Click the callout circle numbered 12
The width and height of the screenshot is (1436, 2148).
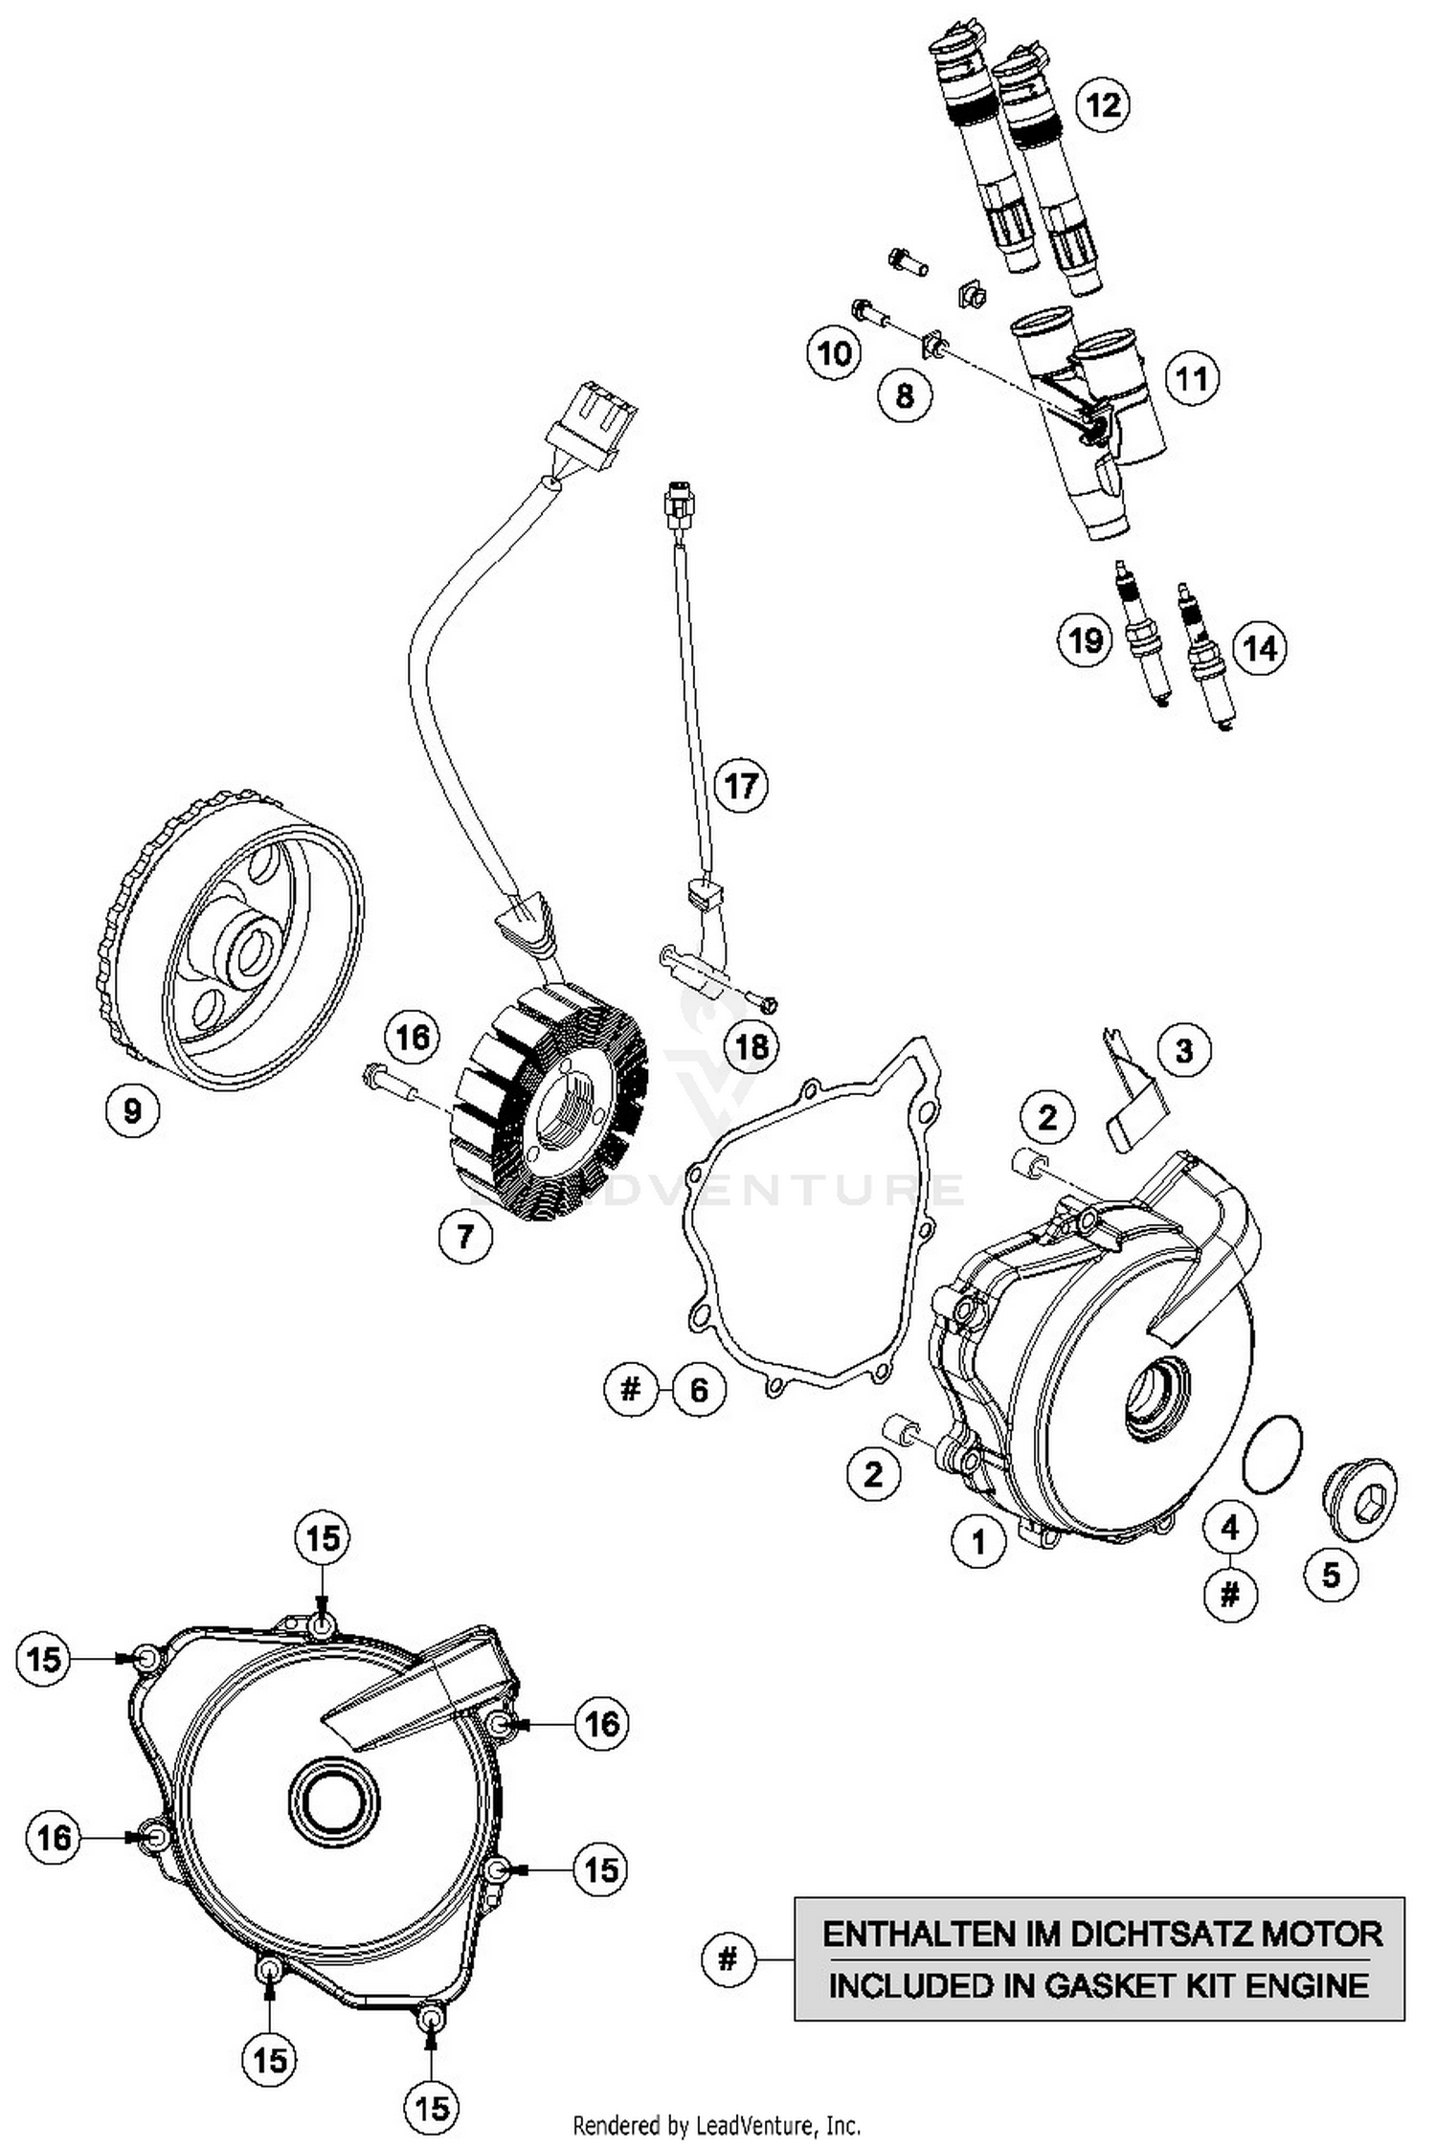coord(1103,103)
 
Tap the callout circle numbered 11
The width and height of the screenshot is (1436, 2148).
coord(1191,379)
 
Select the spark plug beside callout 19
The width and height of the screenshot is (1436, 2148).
coord(1142,638)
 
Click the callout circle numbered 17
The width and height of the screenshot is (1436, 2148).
coord(741,786)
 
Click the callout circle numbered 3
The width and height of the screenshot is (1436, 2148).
coord(1183,1050)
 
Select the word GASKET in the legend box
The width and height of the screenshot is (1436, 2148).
coord(1111,1985)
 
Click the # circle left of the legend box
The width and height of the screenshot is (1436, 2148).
coord(728,1959)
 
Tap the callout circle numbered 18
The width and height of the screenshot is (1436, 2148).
coord(752,1046)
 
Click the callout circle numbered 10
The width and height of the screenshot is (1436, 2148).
coord(834,353)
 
